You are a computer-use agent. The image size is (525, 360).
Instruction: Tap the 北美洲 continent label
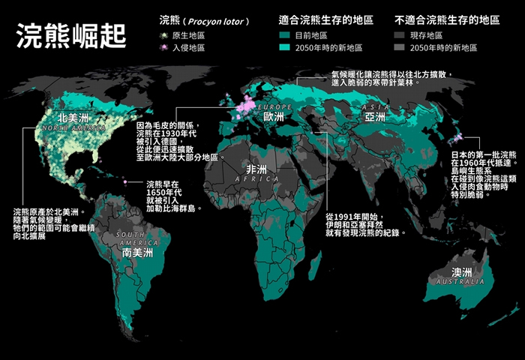(73, 118)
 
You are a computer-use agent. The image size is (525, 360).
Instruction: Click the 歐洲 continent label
(274, 117)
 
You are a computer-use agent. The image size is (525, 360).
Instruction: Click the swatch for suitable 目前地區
(284, 35)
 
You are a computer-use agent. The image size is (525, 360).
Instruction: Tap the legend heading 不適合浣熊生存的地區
(447, 19)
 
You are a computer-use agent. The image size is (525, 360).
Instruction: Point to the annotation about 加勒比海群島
(171, 196)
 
